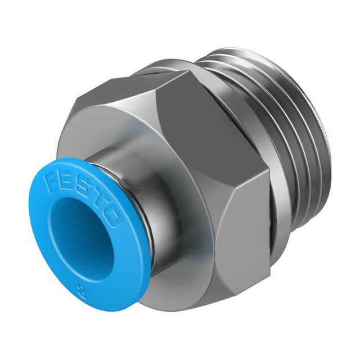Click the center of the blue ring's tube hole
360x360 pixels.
76,236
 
